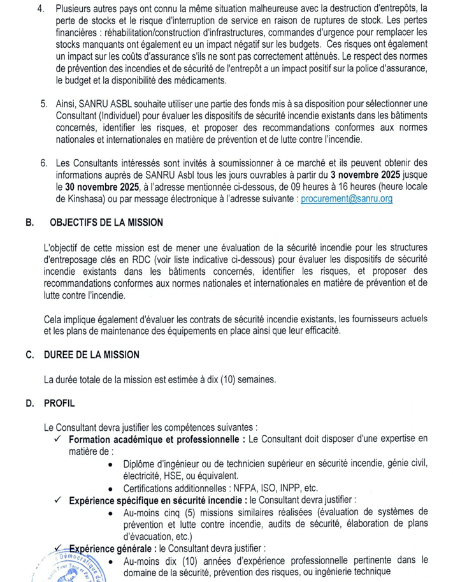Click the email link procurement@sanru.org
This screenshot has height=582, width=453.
pos(347,199)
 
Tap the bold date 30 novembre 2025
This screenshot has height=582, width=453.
pos(103,187)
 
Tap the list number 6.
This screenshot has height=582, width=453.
pos(43,163)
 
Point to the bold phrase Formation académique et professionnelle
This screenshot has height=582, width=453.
pos(156,440)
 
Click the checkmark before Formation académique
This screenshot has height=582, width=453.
pos(58,440)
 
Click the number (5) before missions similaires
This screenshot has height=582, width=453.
pos(178,512)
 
